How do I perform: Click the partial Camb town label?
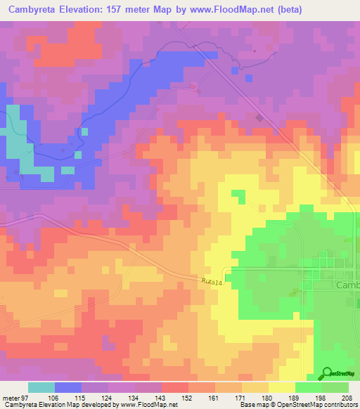(x=347, y=285)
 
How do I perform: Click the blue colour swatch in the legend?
(x=68, y=387)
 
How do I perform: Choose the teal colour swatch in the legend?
(x=41, y=387)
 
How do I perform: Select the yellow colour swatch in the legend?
(x=282, y=387)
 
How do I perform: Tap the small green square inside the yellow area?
(x=239, y=194)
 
